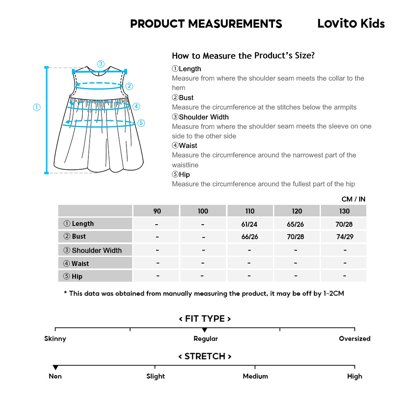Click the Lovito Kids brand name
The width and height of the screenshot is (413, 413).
click(351, 24)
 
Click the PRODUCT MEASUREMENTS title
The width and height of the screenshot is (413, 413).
click(206, 24)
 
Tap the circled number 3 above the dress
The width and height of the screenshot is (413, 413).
click(100, 64)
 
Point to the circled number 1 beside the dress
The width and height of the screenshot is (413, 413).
click(37, 107)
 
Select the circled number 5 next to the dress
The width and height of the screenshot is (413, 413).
click(141, 123)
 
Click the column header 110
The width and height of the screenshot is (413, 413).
click(250, 211)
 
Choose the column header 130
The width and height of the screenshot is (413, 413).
click(344, 211)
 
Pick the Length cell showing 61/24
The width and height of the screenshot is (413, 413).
click(250, 224)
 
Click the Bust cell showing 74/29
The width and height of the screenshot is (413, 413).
click(344, 237)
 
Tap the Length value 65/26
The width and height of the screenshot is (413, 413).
click(297, 224)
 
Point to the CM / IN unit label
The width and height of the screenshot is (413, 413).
click(353, 199)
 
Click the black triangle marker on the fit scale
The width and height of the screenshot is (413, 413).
click(204, 330)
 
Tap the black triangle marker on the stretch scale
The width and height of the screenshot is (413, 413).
click(55, 368)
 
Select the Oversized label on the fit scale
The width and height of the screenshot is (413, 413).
click(354, 339)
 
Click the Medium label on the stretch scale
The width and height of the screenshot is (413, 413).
click(255, 376)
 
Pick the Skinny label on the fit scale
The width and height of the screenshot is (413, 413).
click(55, 339)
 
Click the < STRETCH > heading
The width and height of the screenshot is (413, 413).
click(205, 356)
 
